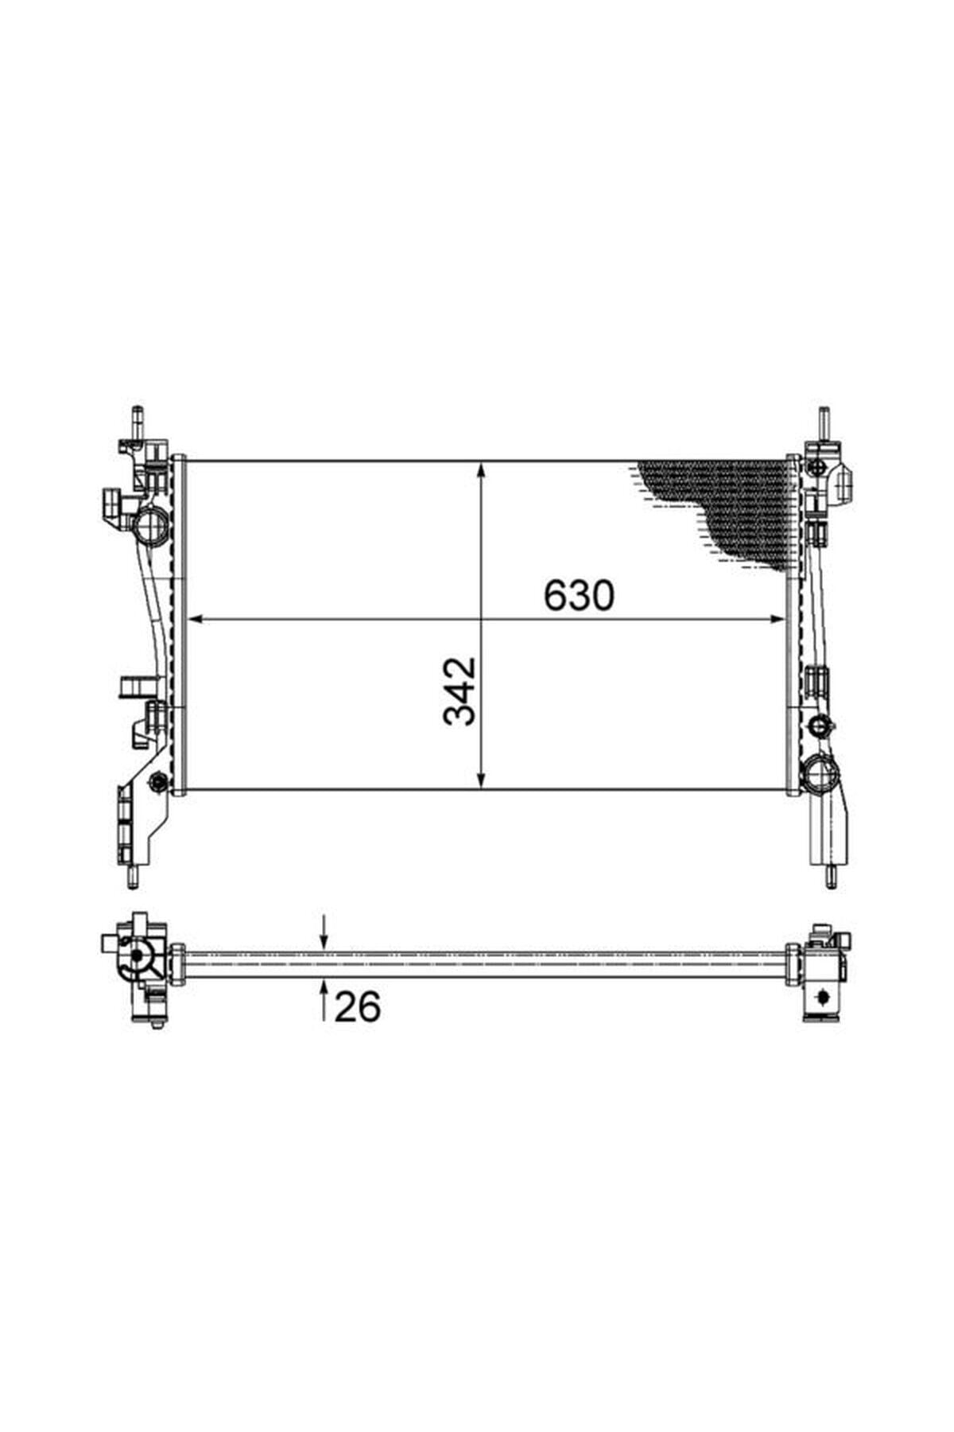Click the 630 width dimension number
[579, 595]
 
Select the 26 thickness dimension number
[358, 1007]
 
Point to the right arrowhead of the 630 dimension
[775, 618]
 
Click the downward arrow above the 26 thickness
[324, 932]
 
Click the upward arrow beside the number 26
[324, 999]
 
